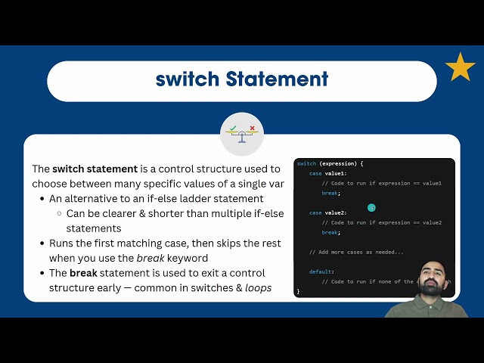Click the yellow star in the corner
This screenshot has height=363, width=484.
460,67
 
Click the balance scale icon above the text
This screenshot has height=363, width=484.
242,133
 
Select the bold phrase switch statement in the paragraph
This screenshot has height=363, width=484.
95,169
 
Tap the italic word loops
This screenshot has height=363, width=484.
259,287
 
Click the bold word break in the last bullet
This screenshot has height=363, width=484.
84,272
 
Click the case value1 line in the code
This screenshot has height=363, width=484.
327,174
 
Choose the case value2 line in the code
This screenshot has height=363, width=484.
327,213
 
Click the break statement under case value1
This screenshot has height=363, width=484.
331,194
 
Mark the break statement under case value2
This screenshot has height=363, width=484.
331,232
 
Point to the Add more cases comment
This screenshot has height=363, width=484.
356,252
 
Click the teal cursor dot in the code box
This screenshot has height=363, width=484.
371,207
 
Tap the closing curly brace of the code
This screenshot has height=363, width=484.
299,291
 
